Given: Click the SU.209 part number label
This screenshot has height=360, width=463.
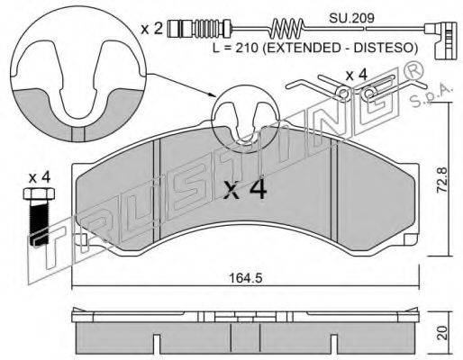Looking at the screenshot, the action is [351, 18].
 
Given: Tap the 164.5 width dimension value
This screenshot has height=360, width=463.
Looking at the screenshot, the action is [246, 278].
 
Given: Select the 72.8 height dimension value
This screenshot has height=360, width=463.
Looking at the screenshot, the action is [441, 180].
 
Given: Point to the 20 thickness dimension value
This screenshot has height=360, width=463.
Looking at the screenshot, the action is [442, 333].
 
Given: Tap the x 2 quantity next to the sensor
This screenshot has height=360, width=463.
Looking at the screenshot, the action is [152, 29].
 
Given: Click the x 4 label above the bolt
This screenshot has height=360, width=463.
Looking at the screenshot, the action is [40, 178].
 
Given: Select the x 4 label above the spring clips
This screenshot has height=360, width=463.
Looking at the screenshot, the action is [356, 75].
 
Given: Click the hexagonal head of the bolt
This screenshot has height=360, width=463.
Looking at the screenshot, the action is [39, 193].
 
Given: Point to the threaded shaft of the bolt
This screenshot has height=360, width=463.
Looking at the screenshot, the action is [39, 222].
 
